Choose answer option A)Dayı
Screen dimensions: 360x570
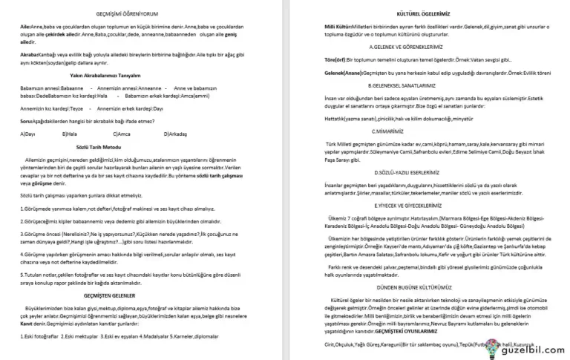pos(30,134)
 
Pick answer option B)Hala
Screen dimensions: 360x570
pos(71,134)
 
